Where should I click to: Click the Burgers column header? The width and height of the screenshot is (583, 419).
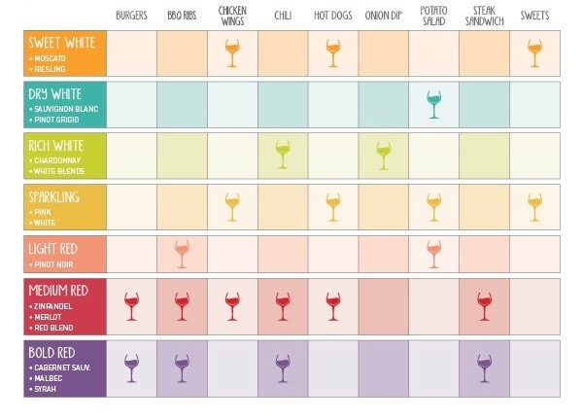click(x=131, y=16)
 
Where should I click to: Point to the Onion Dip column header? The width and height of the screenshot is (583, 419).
click(x=383, y=16)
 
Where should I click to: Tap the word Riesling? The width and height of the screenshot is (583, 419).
click(x=51, y=70)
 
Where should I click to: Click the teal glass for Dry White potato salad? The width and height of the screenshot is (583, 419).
click(x=433, y=104)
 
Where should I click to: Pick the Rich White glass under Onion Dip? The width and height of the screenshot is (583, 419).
click(x=383, y=154)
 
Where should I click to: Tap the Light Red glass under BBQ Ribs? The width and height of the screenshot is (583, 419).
click(x=182, y=255)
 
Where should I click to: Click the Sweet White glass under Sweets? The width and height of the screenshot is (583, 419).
click(x=534, y=53)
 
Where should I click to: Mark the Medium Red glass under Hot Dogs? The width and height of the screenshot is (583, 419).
click(x=333, y=306)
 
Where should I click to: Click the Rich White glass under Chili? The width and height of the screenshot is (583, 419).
click(x=283, y=154)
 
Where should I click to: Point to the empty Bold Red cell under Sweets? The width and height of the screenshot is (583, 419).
click(x=534, y=368)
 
